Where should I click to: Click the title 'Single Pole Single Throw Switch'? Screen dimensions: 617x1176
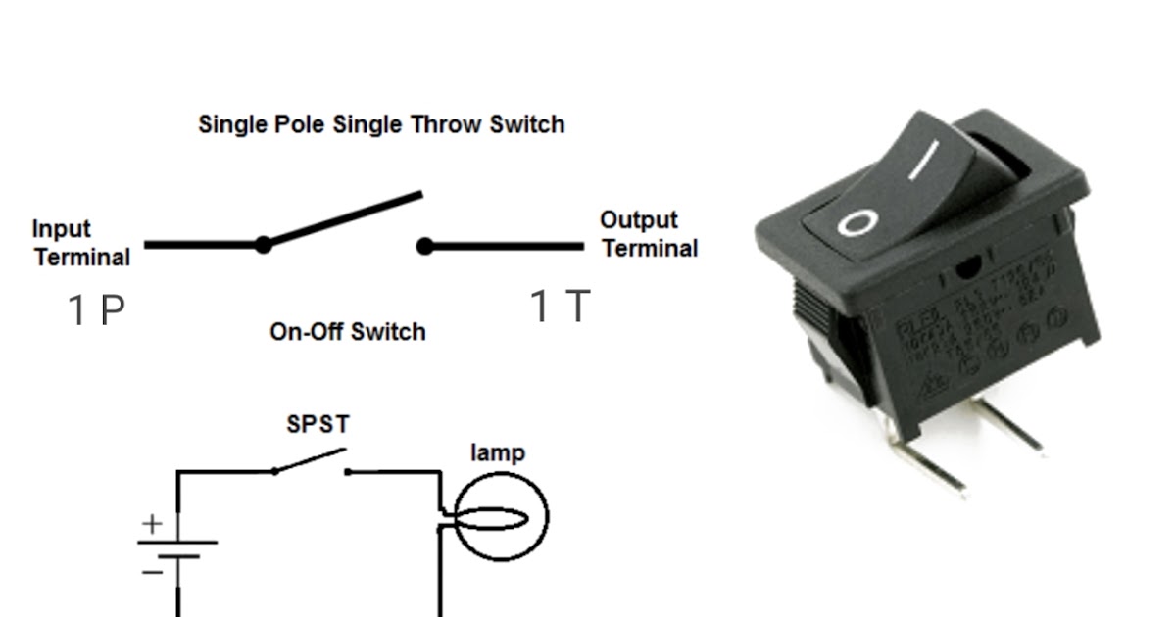[x=381, y=125]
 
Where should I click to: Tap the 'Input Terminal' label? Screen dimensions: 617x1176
[x=81, y=243]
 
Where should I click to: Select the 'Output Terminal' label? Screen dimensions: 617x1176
[x=649, y=234]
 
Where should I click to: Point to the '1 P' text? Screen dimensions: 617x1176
[x=96, y=310]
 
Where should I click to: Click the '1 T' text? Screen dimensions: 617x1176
[x=561, y=307]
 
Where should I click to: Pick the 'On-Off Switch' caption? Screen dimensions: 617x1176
[x=347, y=332]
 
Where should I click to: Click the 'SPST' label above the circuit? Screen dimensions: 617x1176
[x=318, y=425]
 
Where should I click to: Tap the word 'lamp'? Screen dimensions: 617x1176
[x=498, y=452]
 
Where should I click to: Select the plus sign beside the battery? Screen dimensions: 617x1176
[x=151, y=524]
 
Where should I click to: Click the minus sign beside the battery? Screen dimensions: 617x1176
[x=152, y=571]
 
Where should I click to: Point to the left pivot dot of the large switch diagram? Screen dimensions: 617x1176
[x=263, y=245]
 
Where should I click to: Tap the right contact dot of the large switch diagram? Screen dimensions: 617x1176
[x=424, y=246]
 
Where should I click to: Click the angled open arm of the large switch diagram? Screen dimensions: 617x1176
[x=343, y=217]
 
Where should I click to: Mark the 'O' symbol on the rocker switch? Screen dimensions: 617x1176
[x=855, y=223]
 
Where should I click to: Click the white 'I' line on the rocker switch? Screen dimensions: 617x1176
[x=924, y=161]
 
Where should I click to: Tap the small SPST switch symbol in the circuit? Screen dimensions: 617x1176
[x=311, y=462]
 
